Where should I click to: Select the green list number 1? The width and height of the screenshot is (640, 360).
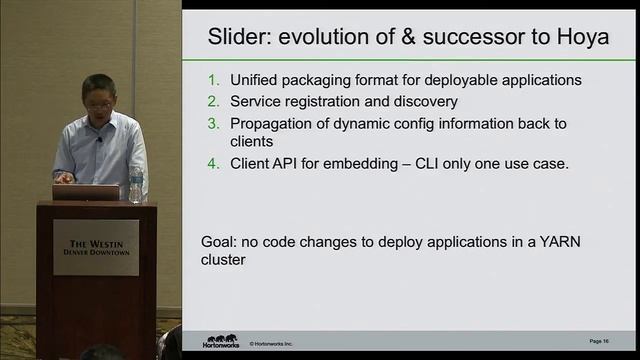[x=212, y=80]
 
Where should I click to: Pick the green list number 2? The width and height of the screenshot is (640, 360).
[x=212, y=101]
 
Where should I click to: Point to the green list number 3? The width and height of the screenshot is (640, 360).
[x=212, y=123]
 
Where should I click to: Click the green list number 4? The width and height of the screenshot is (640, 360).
[x=212, y=163]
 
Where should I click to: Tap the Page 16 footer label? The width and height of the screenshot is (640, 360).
[x=599, y=342]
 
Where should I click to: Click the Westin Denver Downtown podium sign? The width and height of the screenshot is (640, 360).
[x=97, y=247]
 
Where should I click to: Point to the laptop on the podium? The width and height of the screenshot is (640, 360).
[x=86, y=191]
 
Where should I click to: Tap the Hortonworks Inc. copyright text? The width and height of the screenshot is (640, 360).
[x=271, y=343]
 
